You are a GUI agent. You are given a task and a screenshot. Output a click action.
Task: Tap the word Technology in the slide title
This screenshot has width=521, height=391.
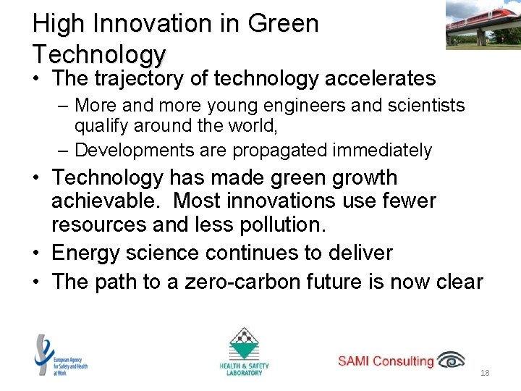(99, 54)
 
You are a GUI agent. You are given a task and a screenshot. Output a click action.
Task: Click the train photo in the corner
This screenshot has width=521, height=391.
(482, 24)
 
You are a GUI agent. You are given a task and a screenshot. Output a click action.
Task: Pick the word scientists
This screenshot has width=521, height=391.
(419, 106)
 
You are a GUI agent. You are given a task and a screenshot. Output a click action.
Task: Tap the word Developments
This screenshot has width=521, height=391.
(132, 150)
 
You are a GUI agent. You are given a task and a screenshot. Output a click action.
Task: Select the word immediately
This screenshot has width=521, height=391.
(382, 150)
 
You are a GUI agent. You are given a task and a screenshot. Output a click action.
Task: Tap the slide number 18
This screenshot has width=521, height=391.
(485, 373)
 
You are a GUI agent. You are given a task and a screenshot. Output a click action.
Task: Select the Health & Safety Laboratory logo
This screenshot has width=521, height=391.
(243, 352)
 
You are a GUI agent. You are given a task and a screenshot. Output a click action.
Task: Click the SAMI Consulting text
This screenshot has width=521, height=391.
(386, 361)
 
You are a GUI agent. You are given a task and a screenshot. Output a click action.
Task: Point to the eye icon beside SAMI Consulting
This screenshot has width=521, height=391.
(452, 360)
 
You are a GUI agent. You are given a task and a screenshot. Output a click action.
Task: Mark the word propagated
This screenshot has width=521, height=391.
(276, 150)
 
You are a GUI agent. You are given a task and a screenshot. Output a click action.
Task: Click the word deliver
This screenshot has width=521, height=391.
(357, 253)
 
